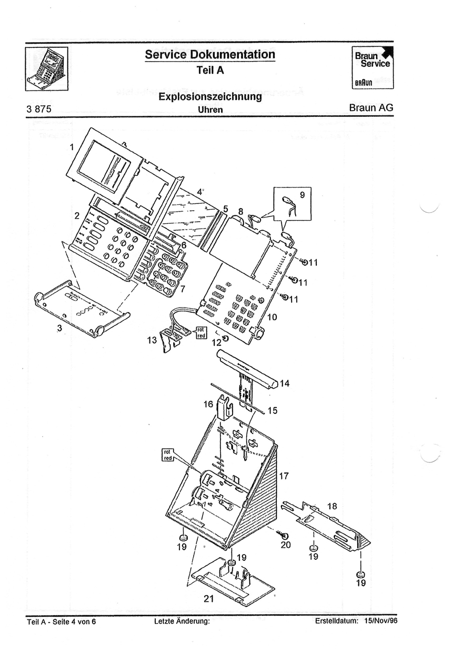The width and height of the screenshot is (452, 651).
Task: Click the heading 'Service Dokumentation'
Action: click(x=210, y=55)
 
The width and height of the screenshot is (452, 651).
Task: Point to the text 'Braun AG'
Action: click(x=370, y=108)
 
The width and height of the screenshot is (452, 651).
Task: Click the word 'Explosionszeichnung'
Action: click(x=210, y=97)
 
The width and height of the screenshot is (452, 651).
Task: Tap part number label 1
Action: click(x=72, y=148)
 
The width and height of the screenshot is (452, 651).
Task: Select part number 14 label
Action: click(x=285, y=383)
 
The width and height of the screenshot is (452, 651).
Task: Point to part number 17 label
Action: click(x=284, y=476)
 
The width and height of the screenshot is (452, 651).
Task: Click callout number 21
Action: click(x=209, y=598)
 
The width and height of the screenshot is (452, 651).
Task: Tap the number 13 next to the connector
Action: click(x=152, y=340)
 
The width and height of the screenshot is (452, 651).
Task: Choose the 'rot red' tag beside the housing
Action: click(x=168, y=455)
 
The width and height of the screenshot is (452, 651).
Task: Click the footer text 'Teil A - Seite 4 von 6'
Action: click(x=62, y=622)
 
